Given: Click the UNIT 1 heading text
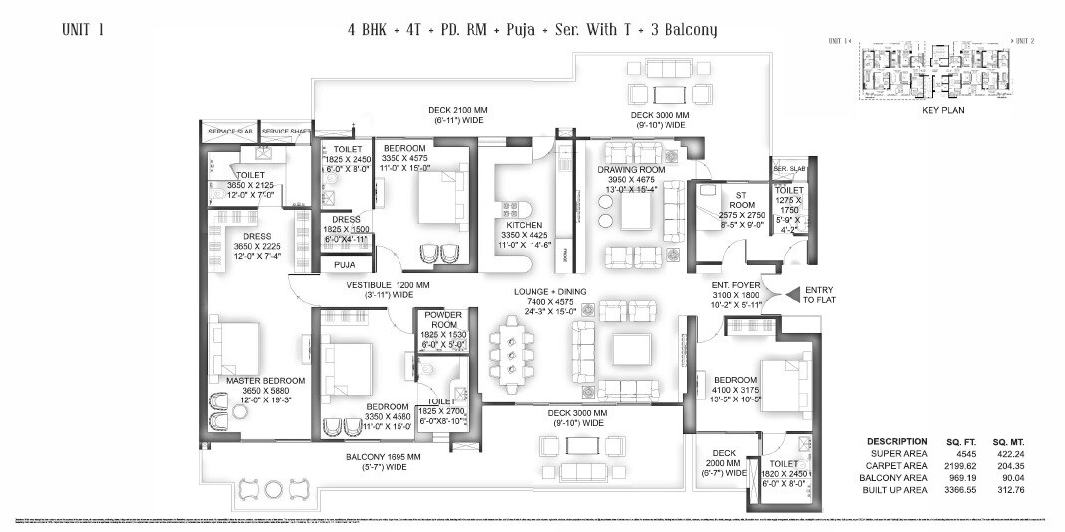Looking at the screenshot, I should coord(82,29).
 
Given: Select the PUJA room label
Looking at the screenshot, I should coord(345,265).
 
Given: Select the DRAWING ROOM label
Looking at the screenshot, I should coord(631,170).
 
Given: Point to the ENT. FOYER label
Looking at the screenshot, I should coord(735,285).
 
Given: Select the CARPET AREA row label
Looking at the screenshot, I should coord(897,465).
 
